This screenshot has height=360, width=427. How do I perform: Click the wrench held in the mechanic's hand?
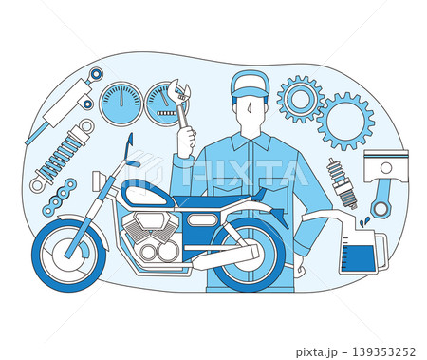[179, 103]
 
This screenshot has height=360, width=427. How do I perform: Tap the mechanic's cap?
[250, 84]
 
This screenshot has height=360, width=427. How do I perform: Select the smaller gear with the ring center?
[300, 99]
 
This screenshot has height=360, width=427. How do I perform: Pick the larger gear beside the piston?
[345, 122]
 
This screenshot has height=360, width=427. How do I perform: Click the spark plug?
[342, 183]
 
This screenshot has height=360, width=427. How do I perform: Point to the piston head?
[386, 165]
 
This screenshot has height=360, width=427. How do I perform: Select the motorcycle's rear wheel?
[249, 254]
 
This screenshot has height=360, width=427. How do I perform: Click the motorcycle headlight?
[96, 181]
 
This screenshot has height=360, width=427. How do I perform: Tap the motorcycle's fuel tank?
[147, 194]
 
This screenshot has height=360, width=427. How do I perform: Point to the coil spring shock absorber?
[62, 156]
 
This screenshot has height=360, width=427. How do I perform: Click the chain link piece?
[60, 197]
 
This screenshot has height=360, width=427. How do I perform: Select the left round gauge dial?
[121, 104]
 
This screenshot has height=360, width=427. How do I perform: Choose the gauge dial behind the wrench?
[166, 104]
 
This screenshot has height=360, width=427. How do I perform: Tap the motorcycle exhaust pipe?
[225, 256]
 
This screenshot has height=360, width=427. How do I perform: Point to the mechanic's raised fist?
[186, 142]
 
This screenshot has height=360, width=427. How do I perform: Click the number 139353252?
[383, 351]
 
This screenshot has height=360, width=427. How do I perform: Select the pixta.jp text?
[315, 352]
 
